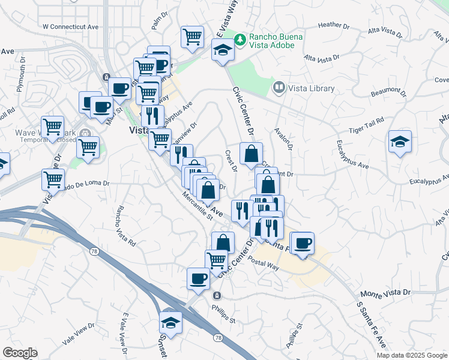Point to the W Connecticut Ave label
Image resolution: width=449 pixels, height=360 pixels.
coord(70,27)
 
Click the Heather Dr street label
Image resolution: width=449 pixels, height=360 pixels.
coord(334,26)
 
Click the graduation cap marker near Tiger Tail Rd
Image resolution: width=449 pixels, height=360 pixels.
coord(400,142)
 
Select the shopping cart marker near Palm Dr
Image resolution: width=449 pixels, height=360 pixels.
coord(192,37)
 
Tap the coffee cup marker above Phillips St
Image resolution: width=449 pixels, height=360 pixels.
coord(199,278)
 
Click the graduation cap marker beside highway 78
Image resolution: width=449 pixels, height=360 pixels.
coord(170,322)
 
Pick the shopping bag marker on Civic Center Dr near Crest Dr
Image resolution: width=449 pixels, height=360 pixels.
coord(250,153)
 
